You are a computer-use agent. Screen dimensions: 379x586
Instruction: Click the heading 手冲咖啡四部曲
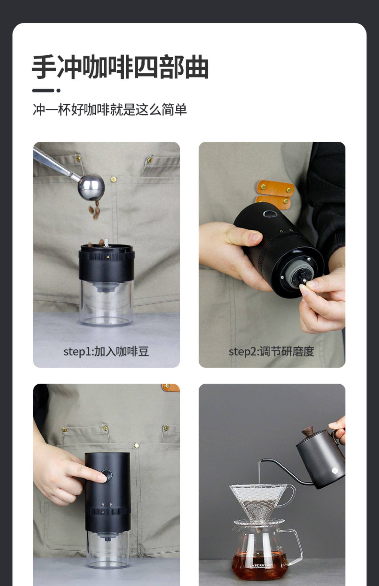click(120, 67)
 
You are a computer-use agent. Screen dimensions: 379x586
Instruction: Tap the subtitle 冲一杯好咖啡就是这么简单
click(110, 110)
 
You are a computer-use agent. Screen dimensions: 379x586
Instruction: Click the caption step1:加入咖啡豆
click(106, 351)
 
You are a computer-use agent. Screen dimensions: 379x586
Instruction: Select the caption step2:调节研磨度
click(271, 351)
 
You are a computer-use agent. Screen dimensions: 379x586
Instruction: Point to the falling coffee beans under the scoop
click(95, 209)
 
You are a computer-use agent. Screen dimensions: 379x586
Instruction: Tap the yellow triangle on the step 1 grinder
click(108, 257)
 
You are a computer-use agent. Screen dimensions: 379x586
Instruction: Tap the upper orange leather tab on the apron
click(275, 188)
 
